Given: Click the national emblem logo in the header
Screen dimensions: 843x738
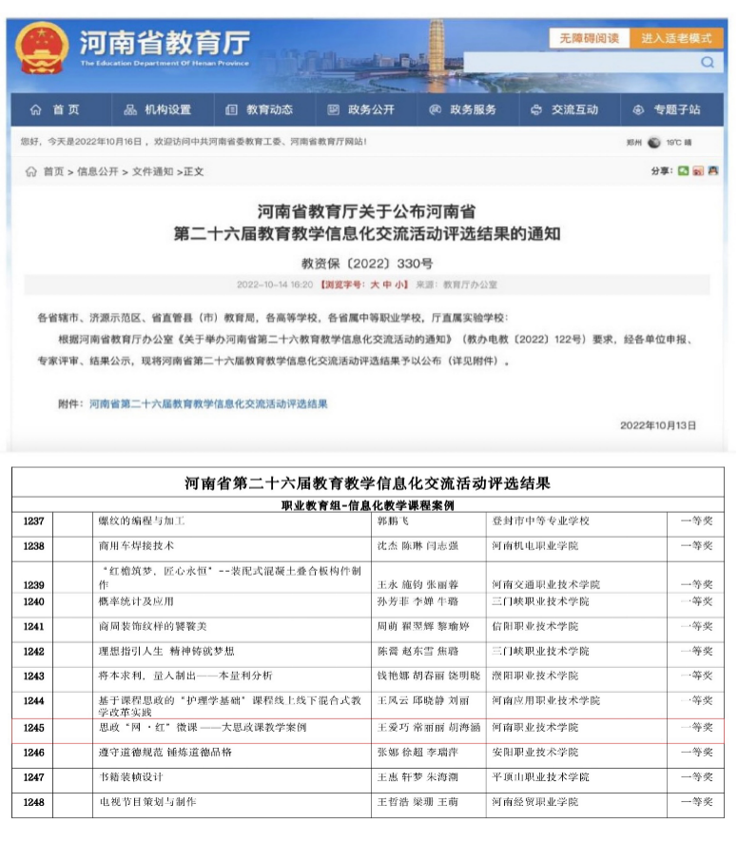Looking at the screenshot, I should (44, 47).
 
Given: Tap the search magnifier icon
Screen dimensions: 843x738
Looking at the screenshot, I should (708, 63).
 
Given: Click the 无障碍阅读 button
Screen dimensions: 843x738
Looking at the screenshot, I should (589, 38).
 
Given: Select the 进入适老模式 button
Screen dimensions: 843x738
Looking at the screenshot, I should (676, 38).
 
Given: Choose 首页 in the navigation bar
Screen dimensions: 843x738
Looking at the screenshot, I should (57, 109).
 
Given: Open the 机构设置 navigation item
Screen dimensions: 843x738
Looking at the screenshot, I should (159, 109).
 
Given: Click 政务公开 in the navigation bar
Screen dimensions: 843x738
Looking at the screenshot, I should (362, 109).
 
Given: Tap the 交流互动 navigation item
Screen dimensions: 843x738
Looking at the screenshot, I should (566, 109).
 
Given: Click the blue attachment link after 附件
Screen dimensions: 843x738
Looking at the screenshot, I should (208, 403).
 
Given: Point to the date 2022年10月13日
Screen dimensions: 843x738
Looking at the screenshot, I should (657, 425).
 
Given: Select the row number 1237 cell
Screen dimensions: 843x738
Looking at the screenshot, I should (33, 521).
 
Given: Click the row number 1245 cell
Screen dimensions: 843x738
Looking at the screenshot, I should (33, 728).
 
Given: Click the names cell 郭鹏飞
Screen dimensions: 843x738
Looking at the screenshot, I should (398, 521).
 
